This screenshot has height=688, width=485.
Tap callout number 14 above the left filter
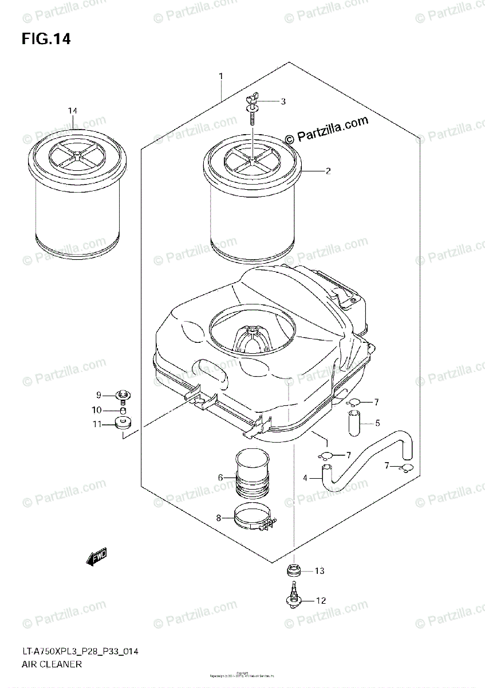point(72,111)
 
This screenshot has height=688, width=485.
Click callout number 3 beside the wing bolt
point(282,101)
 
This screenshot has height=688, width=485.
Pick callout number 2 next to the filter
point(328,171)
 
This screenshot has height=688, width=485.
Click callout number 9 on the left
point(98,395)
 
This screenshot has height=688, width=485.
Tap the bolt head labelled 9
point(123,394)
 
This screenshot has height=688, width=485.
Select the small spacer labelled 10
point(123,411)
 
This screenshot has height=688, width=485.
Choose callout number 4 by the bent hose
point(305,478)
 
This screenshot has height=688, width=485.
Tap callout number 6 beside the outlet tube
point(220,477)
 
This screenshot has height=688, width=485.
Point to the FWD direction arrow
point(96,557)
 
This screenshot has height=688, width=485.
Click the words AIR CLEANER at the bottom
point(52,665)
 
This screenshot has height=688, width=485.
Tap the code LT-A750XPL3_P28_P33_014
point(80,651)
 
